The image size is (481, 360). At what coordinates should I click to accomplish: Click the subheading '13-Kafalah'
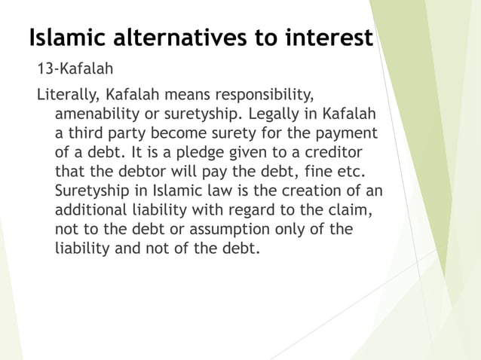[75, 70]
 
